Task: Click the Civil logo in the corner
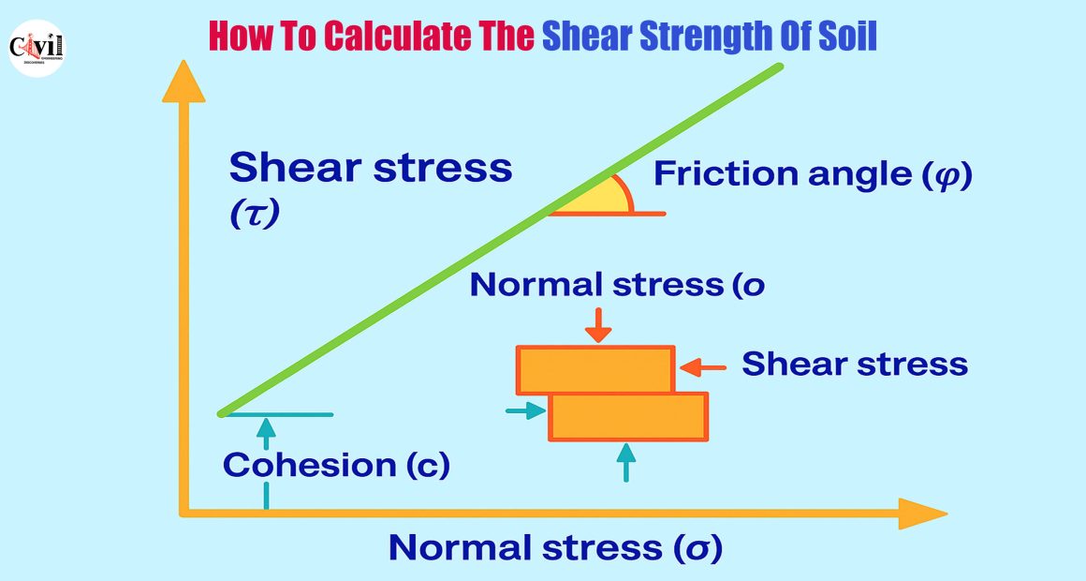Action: tap(37, 48)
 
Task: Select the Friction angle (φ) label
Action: tap(814, 174)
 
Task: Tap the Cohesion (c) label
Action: tap(336, 465)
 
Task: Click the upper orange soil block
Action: tap(595, 370)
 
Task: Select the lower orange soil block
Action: tap(628, 417)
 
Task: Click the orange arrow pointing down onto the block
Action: tap(597, 325)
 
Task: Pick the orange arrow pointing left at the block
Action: tap(703, 367)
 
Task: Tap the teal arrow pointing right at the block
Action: tap(526, 410)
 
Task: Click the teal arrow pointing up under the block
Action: tap(626, 462)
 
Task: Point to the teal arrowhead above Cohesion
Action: tap(266, 425)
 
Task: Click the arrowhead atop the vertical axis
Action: tap(183, 82)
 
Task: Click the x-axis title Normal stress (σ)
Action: tap(555, 547)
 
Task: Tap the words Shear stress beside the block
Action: tap(855, 364)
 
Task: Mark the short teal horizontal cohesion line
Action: tap(278, 414)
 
